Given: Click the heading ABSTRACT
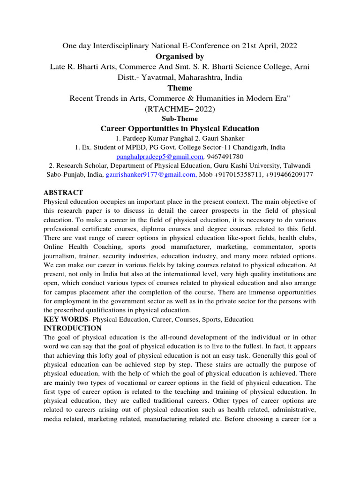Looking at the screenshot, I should [63, 193].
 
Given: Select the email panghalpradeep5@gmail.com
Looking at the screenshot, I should [160, 156].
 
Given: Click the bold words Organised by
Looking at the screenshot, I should [180, 56].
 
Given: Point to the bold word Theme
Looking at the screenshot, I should [180, 88].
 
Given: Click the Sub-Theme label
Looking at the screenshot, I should [180, 119].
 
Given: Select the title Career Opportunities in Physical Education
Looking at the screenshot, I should [180, 128].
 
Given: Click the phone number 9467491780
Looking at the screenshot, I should [225, 156].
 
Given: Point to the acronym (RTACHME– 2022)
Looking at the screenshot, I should [180, 109].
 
